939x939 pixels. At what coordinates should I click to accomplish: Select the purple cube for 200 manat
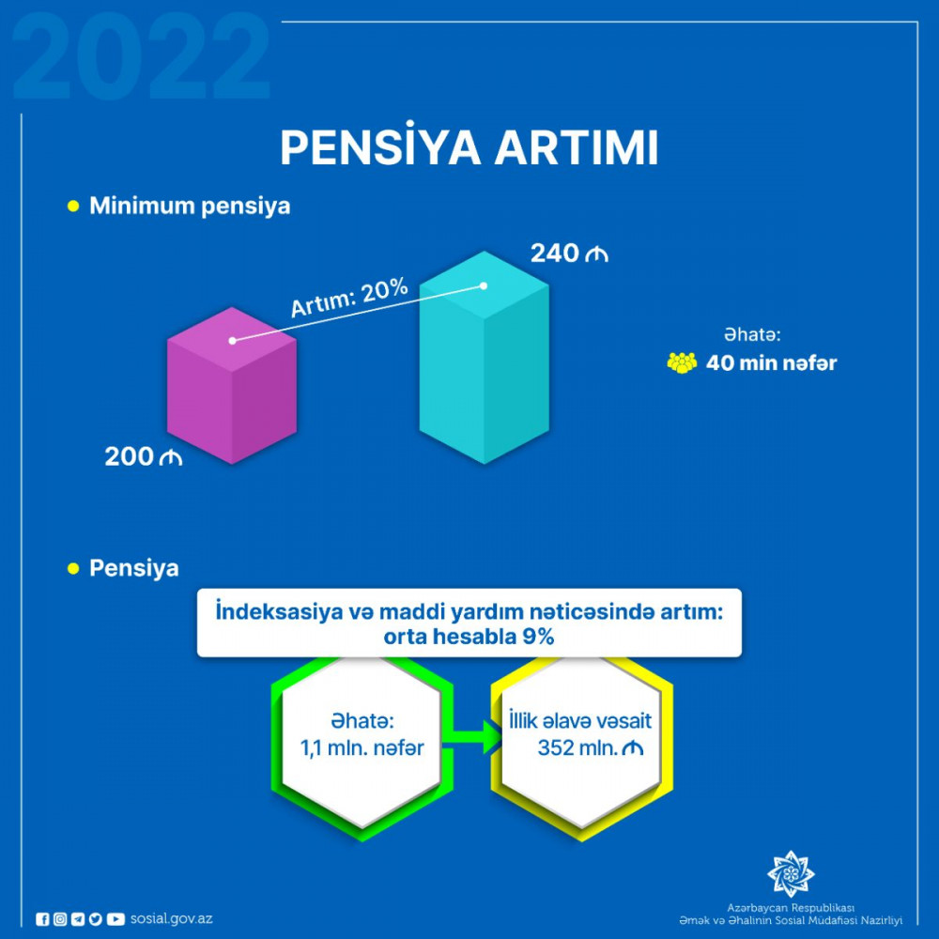point(232,386)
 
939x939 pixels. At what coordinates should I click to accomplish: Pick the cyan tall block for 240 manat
point(484,358)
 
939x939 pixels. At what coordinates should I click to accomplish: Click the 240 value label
point(569,254)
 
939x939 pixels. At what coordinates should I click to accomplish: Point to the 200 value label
point(143,456)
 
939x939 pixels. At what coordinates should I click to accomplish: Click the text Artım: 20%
point(349,297)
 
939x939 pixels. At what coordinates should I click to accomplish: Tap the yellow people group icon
point(682,362)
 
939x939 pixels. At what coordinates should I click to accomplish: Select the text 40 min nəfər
point(771,362)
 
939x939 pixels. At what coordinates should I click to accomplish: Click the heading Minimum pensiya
point(190,206)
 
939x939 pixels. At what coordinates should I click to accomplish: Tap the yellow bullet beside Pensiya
point(73,568)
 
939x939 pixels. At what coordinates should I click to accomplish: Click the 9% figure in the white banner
point(538,636)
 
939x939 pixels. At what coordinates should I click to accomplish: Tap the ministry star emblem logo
point(791,873)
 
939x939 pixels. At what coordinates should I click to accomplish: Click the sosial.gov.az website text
point(171,918)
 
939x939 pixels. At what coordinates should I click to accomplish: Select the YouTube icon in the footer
point(115,919)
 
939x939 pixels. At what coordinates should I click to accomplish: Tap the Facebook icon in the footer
point(42,919)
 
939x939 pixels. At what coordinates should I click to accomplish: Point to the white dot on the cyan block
point(484,286)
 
